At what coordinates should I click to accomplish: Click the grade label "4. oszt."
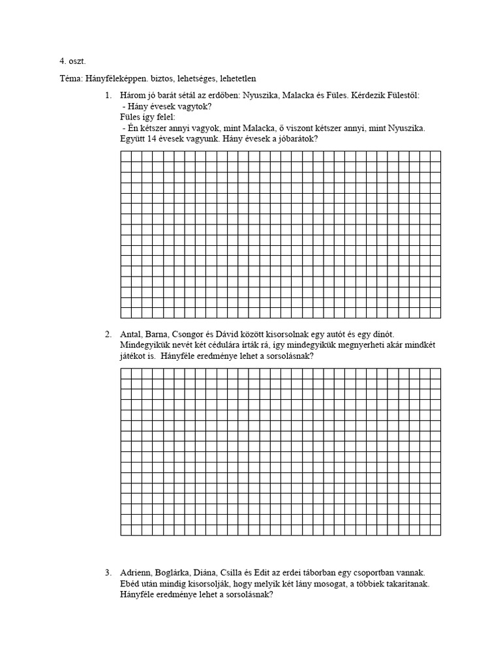coord(72,62)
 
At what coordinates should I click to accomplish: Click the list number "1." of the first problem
coord(108,96)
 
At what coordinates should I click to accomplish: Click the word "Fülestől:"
coord(401,96)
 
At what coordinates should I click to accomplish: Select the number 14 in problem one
coord(153,139)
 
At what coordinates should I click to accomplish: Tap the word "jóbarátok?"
coord(296,139)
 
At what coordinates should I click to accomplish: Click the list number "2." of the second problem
coord(108,335)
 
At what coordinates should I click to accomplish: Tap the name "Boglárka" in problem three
coord(173,573)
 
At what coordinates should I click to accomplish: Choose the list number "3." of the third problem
coord(108,573)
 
